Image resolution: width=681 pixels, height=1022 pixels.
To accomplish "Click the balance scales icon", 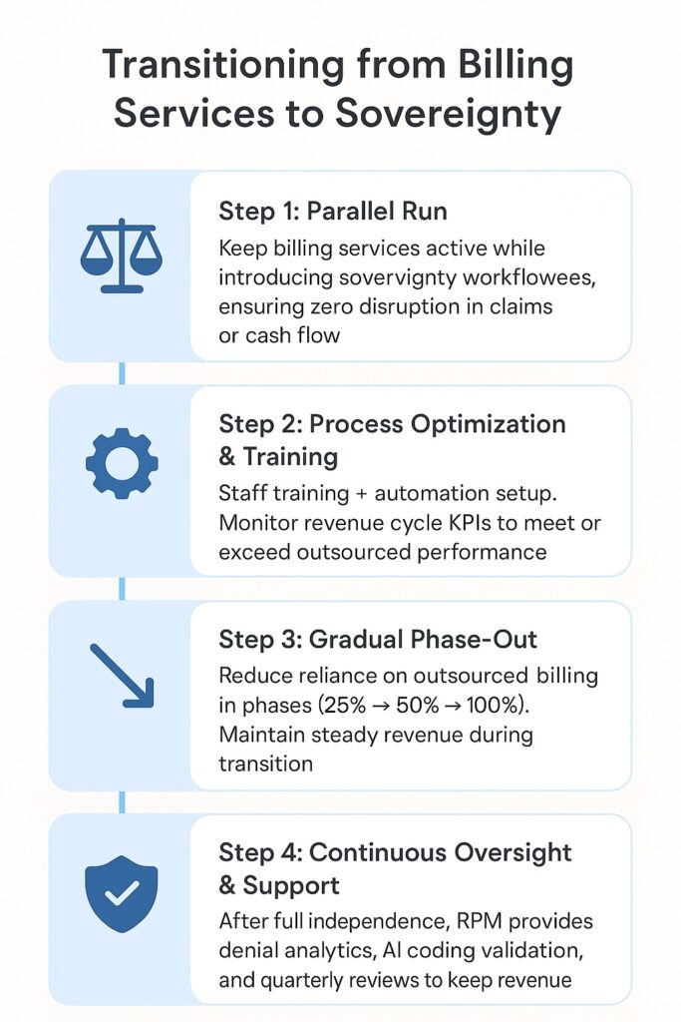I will [x=121, y=256].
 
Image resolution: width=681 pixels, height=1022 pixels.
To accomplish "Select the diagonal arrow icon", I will [x=122, y=676].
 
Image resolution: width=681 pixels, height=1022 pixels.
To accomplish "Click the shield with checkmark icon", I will [x=122, y=893].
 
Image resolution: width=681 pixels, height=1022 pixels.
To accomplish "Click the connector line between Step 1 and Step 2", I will [x=122, y=373].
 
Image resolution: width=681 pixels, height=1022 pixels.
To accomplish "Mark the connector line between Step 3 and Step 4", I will [x=122, y=801].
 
